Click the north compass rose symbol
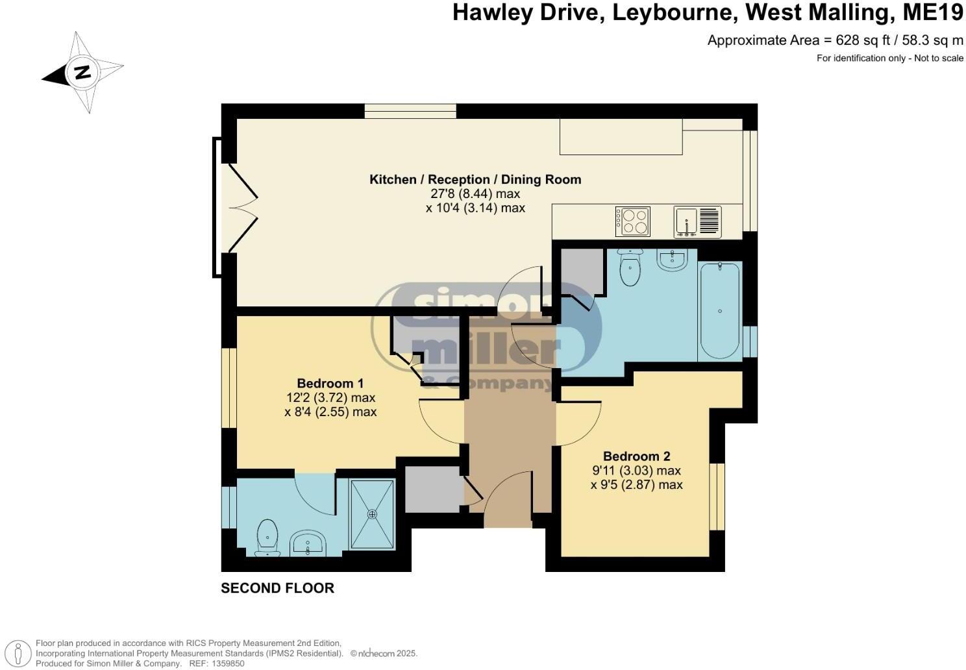tap(82, 72)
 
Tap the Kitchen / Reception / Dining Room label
tap(475, 179)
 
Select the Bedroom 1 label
tap(330, 383)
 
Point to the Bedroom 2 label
tap(636, 456)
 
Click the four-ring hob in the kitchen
tap(632, 221)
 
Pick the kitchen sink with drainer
tap(697, 221)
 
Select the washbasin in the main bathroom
tap(672, 260)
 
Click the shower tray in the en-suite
tap(372, 514)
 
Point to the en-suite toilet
tap(267, 538)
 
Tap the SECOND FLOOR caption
tap(277, 588)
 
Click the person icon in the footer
tap(21, 653)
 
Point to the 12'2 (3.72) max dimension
tap(330, 397)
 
